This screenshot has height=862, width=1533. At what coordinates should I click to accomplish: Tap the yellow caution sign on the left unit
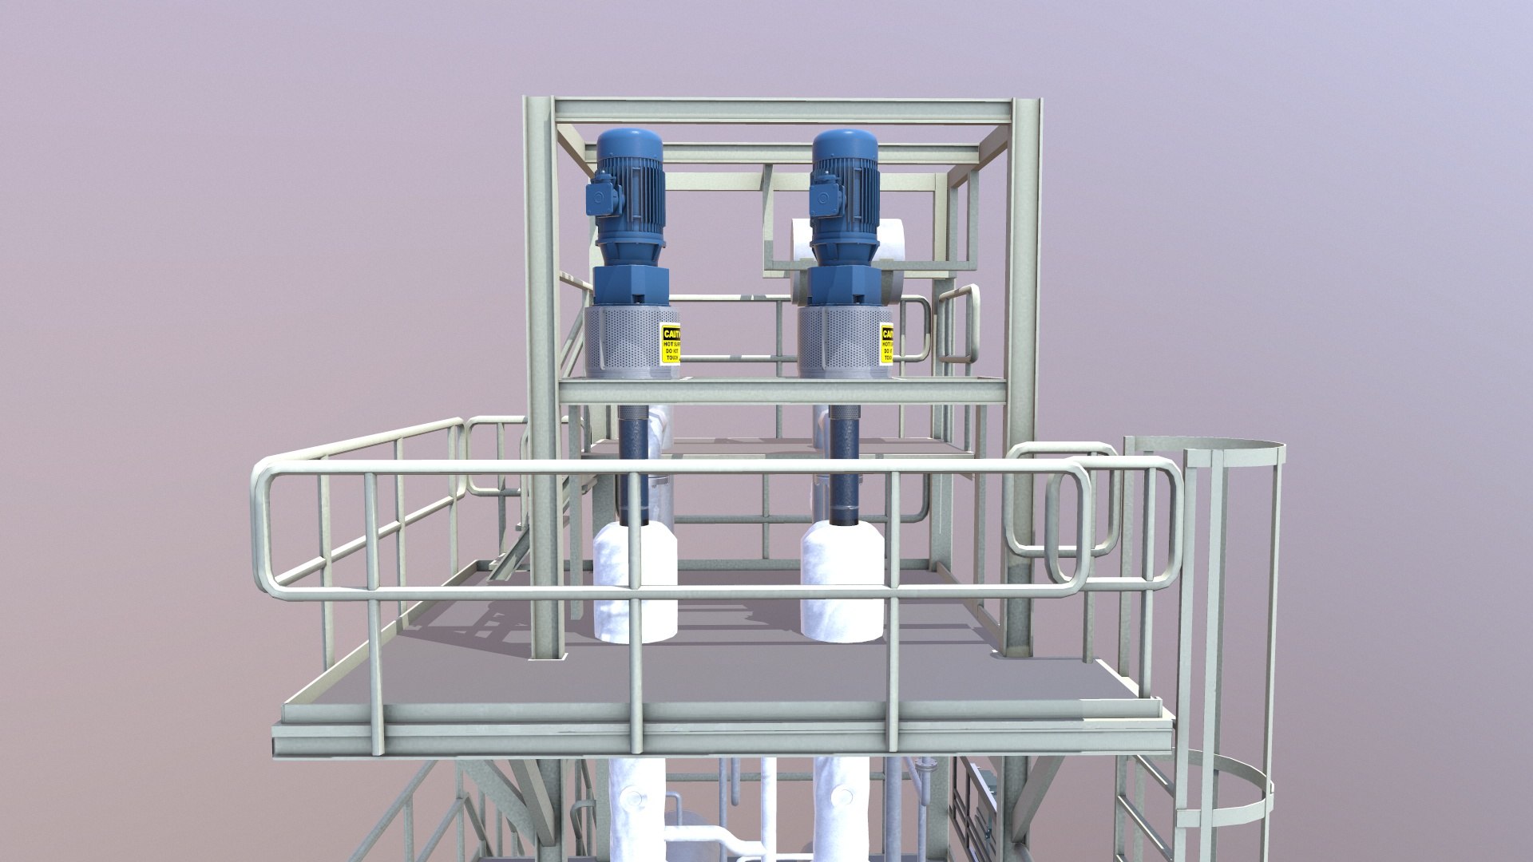click(671, 343)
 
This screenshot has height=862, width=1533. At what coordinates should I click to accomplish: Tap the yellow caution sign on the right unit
click(885, 344)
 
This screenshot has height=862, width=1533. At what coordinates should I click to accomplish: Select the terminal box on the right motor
click(822, 200)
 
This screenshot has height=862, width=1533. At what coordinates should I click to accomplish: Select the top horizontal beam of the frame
click(782, 109)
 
